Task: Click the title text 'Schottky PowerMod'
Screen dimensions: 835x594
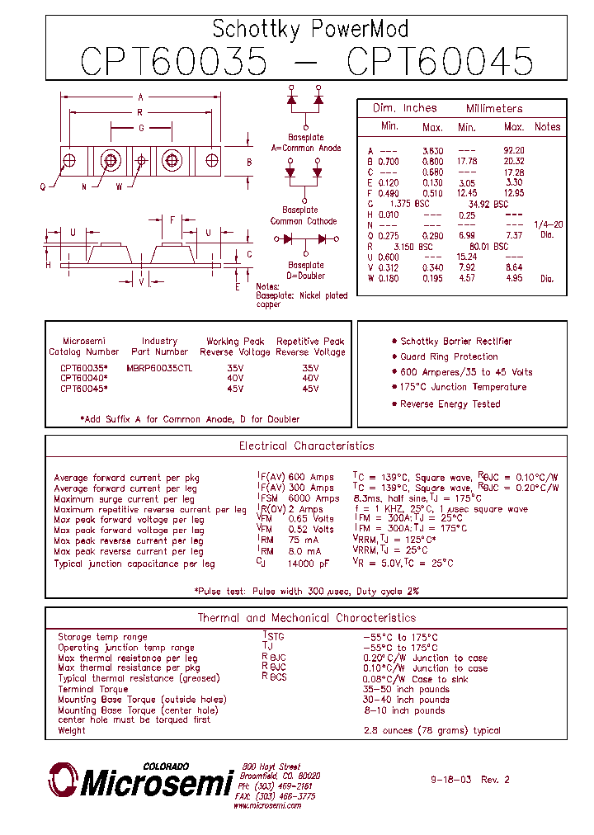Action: pyautogui.click(x=310, y=30)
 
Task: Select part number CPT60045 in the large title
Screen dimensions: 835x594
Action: pyautogui.click(x=440, y=62)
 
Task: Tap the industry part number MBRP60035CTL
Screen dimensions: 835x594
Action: pyautogui.click(x=159, y=368)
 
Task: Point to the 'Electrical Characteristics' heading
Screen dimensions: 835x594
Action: pyautogui.click(x=306, y=446)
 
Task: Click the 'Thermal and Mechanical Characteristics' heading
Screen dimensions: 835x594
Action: pyautogui.click(x=306, y=618)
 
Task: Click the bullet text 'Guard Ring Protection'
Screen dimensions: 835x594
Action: pyautogui.click(x=449, y=356)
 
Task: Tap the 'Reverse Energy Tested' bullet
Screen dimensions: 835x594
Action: pyautogui.click(x=450, y=404)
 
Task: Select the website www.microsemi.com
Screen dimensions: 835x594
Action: pyautogui.click(x=266, y=805)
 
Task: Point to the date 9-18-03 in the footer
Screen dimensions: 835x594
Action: pyautogui.click(x=451, y=780)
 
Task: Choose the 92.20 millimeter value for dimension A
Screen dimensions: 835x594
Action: pyautogui.click(x=514, y=150)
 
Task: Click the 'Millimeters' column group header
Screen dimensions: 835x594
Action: pyautogui.click(x=494, y=109)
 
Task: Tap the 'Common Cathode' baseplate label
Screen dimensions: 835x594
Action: pyautogui.click(x=304, y=221)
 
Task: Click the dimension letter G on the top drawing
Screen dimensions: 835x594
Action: pyautogui.click(x=141, y=128)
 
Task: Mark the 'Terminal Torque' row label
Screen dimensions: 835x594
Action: pyautogui.click(x=93, y=689)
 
